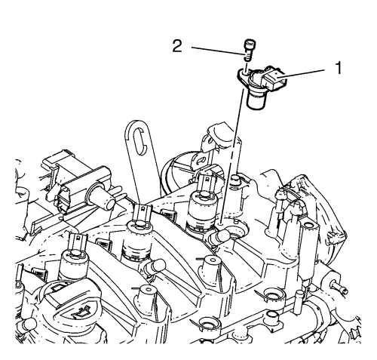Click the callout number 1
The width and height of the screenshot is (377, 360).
point(339,68)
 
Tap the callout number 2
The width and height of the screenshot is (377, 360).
point(177,47)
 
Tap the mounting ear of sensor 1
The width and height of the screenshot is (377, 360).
point(243,75)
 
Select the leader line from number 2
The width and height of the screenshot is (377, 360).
point(218,51)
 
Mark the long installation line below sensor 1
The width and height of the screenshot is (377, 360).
point(231,155)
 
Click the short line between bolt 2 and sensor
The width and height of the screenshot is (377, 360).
point(247,66)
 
